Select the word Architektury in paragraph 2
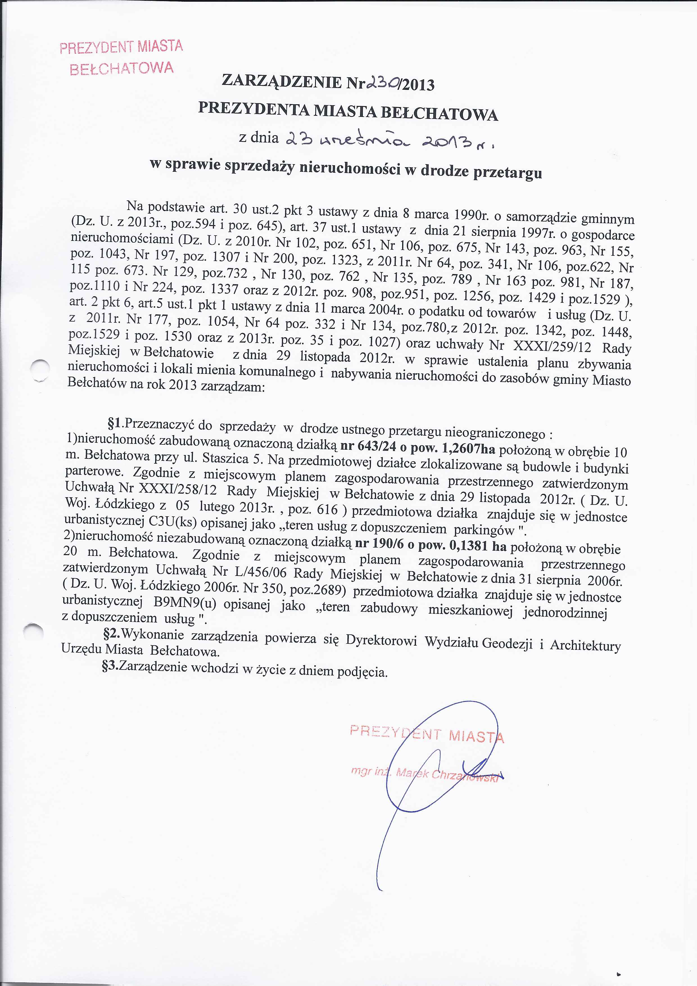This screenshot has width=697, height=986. [585, 645]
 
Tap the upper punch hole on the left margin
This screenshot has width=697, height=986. [41, 370]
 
